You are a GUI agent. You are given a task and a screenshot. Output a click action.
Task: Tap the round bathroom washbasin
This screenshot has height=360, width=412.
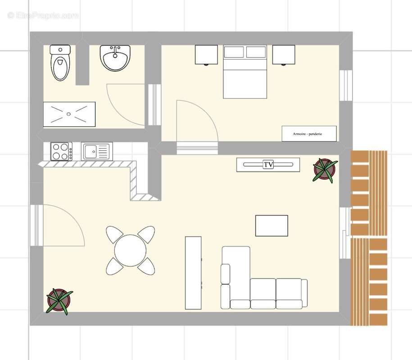pyautogui.click(x=116, y=58)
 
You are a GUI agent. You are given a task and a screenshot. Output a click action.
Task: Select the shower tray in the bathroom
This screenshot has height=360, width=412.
pyautogui.click(x=69, y=114)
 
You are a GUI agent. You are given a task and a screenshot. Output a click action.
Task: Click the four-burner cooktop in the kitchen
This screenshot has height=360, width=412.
pyautogui.click(x=61, y=151)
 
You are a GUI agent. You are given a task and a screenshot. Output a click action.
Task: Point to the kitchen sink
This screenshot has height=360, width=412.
pyautogui.click(x=96, y=151)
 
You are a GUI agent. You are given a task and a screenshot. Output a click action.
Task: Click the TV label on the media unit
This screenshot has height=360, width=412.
pyautogui.click(x=268, y=165)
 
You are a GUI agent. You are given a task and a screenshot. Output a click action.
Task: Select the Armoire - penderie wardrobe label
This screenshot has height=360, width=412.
pyautogui.click(x=309, y=134)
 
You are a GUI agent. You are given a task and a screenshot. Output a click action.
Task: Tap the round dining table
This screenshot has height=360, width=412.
pyautogui.click(x=130, y=251)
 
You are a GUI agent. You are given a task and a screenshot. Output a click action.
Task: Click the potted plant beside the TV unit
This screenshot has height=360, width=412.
pyautogui.click(x=324, y=169)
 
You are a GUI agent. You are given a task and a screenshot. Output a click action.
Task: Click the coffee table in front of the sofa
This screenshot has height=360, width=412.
pyautogui.click(x=272, y=225)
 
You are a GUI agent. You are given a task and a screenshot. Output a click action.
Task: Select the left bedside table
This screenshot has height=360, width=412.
pyautogui.click(x=206, y=55)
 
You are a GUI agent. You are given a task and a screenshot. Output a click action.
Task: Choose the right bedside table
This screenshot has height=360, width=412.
pyautogui.click(x=284, y=55)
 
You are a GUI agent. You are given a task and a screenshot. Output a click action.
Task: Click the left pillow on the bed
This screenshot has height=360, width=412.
pyautogui.click(x=234, y=52)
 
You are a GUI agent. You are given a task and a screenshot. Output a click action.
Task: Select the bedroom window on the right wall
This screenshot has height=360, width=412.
pyautogui.click(x=346, y=85)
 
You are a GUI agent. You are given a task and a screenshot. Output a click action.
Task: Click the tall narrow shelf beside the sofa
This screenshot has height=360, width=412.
pyautogui.click(x=194, y=272)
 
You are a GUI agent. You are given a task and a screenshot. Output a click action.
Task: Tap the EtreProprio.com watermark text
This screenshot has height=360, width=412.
pyautogui.click(x=43, y=16)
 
